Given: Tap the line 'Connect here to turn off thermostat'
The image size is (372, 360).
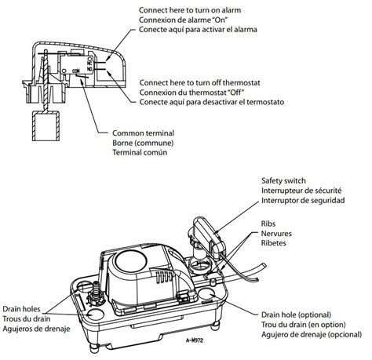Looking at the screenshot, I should click(202, 82).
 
